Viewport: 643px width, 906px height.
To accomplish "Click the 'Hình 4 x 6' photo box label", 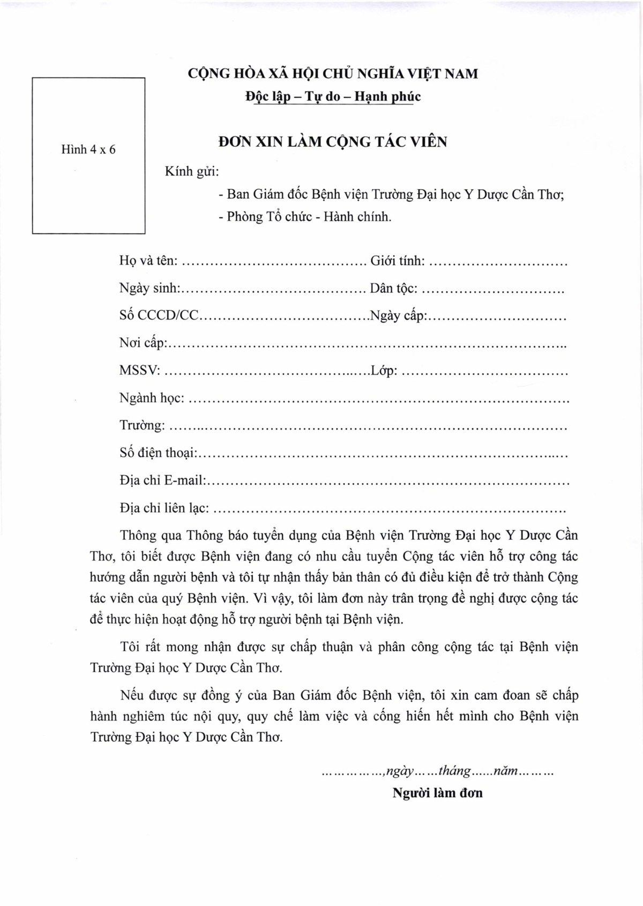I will [88, 150].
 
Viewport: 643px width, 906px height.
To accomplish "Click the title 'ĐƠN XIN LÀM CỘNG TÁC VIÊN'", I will [333, 142].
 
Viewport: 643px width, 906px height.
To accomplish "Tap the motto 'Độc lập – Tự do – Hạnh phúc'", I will [333, 96].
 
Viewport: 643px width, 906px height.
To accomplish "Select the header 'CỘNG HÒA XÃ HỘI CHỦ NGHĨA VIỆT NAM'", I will [333, 73].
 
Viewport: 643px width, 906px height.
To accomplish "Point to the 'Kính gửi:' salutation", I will [192, 172].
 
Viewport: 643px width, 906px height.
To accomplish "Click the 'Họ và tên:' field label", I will [148, 261].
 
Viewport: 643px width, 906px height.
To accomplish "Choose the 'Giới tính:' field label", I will [398, 261].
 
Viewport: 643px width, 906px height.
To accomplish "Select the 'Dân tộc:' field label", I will [393, 288].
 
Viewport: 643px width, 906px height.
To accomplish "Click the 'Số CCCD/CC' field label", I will [159, 316].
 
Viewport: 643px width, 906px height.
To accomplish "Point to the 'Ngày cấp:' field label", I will [398, 316].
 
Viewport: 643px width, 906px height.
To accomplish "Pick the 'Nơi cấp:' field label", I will [144, 343].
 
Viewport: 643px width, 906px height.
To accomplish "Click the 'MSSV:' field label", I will [140, 370].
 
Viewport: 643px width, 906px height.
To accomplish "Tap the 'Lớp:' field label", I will [384, 370].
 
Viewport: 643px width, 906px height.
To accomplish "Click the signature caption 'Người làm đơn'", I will [437, 793].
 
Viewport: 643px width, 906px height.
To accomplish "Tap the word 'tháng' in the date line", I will [454, 771].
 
